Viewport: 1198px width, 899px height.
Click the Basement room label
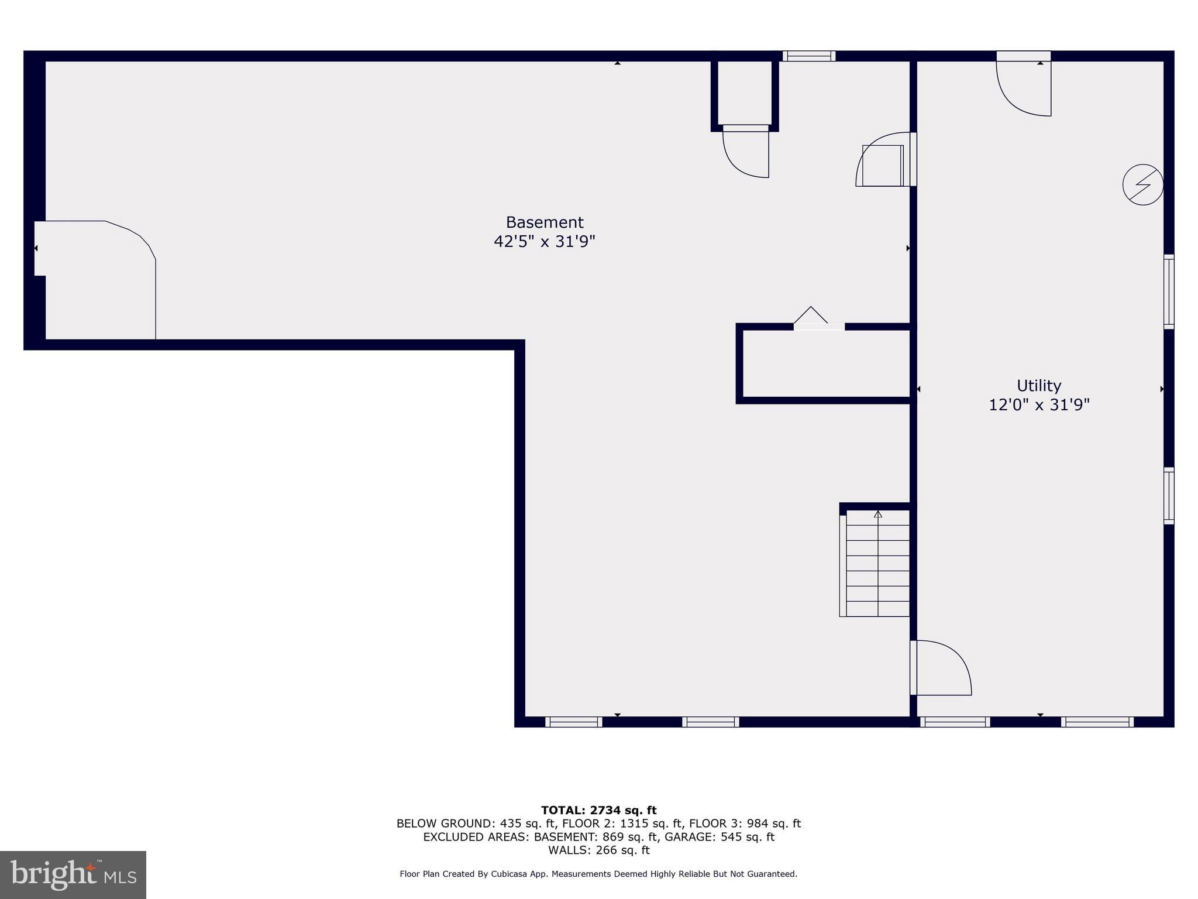tap(544, 222)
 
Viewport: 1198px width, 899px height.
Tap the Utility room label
tap(1038, 386)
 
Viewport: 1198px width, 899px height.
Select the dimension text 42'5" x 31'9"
tap(544, 242)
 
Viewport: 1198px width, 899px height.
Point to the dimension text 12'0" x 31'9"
tap(1038, 405)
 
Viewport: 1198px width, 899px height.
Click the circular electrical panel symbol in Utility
tap(1142, 186)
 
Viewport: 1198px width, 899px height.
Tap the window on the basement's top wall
tap(809, 56)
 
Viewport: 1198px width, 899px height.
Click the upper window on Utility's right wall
tap(1168, 291)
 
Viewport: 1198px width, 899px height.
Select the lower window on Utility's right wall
tap(1168, 495)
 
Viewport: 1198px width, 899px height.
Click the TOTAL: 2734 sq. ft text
tap(598, 811)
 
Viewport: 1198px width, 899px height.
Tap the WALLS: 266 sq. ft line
tap(598, 850)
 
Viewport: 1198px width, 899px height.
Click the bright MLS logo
tap(73, 874)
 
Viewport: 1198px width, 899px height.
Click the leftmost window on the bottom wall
tap(573, 722)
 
